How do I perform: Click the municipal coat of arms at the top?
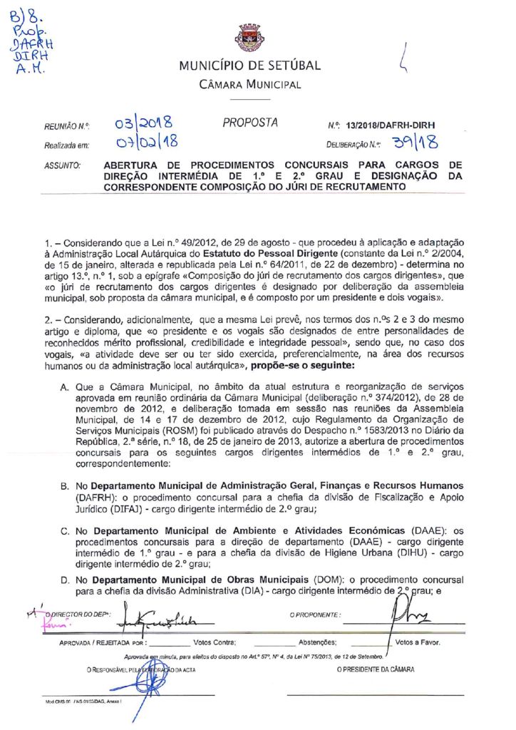click(249, 38)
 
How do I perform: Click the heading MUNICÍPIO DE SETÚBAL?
click(249, 66)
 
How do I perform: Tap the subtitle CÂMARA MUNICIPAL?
click(249, 85)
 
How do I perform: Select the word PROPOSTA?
click(250, 123)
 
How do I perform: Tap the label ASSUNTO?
click(62, 165)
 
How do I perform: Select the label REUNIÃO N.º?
click(66, 126)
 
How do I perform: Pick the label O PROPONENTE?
click(315, 614)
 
